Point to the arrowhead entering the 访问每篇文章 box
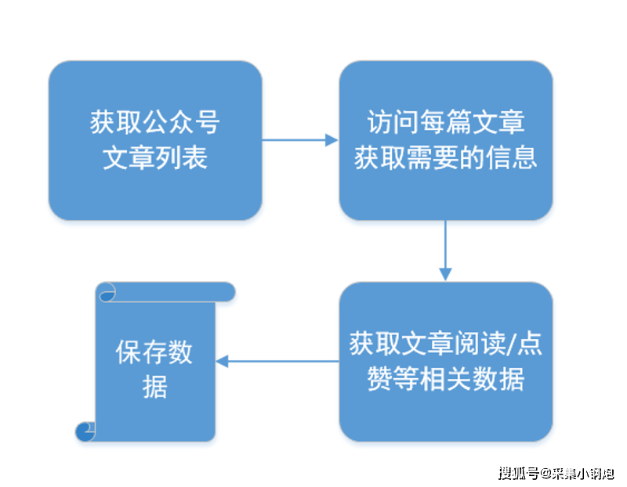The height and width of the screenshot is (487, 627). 332,141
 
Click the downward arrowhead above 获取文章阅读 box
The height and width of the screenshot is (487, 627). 445,274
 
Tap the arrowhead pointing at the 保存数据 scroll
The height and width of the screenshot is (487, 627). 222,361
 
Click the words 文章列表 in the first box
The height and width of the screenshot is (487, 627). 155,158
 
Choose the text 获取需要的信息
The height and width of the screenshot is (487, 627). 445,158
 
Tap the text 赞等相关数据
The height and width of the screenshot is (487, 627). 445,380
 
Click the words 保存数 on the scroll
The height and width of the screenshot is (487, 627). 155,353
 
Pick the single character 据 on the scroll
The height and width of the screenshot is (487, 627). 155,387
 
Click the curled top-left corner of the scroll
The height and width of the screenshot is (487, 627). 106,293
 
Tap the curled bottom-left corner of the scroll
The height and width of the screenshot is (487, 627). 85,431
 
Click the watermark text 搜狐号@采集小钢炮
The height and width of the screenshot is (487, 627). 556,473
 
